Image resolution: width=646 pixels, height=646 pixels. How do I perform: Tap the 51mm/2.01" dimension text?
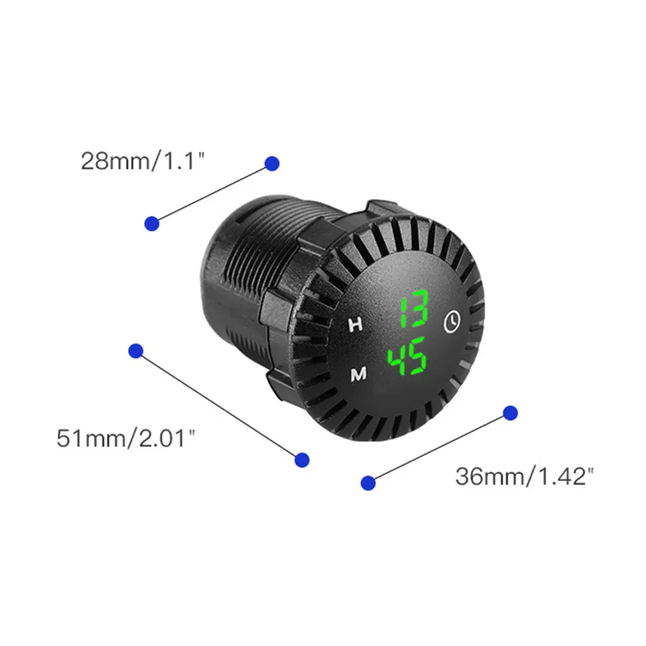coord(125,439)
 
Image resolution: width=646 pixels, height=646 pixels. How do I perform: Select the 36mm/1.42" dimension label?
coord(524,477)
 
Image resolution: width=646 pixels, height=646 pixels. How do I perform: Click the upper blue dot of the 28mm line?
coord(272,163)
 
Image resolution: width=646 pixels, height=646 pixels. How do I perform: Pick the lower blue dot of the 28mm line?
coord(152,224)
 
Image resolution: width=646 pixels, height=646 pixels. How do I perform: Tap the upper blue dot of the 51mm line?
coord(136,351)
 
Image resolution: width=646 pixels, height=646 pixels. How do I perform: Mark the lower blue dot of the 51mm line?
coord(301,459)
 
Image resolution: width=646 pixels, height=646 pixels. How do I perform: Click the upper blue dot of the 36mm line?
coord(510,413)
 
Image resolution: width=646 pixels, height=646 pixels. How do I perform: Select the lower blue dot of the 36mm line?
coord(368,483)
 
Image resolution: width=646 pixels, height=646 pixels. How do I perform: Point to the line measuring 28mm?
coord(212,194)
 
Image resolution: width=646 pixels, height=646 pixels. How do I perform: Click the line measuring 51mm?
coord(218,405)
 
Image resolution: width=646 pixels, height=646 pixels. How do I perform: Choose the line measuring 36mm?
coord(439,448)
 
